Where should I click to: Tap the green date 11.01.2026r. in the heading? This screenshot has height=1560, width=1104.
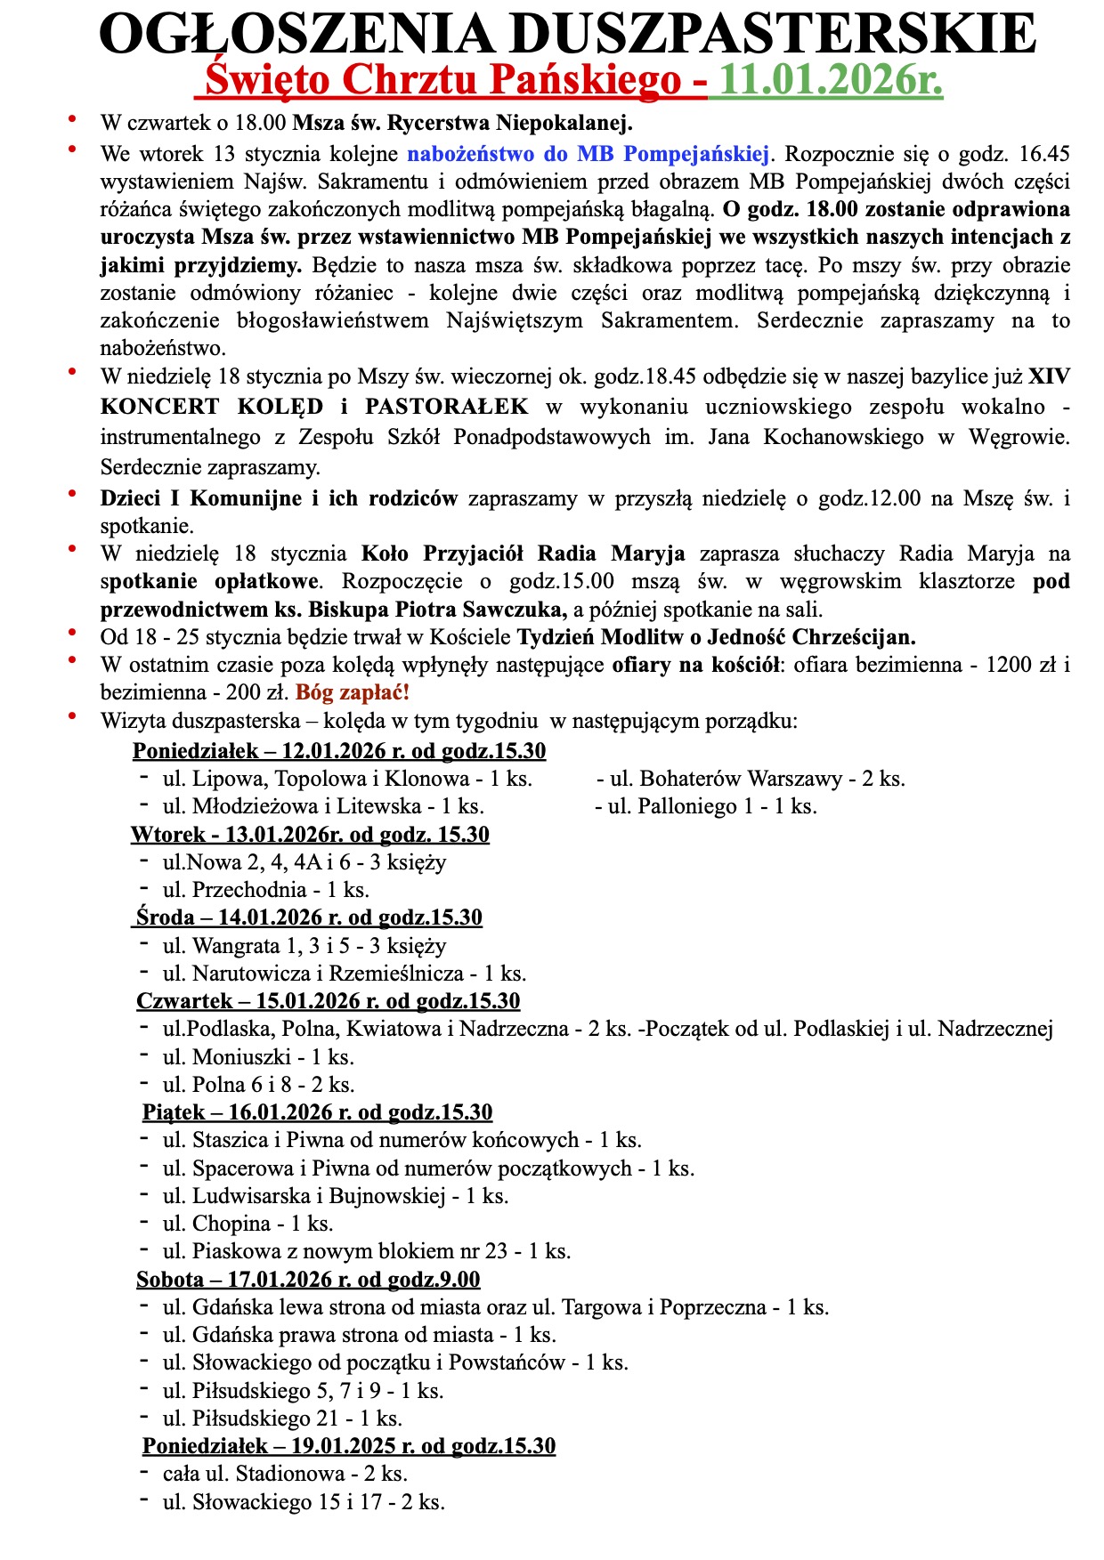tap(830, 81)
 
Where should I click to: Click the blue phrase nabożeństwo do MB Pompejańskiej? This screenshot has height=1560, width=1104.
tap(589, 154)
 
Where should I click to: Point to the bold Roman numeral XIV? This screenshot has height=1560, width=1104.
tap(1049, 376)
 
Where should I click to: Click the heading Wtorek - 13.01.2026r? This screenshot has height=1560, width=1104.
tap(310, 835)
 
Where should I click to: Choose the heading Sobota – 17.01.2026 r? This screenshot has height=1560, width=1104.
tap(308, 1280)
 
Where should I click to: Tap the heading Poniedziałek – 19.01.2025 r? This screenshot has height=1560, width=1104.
tap(349, 1445)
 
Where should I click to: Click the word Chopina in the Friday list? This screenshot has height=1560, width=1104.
tap(231, 1224)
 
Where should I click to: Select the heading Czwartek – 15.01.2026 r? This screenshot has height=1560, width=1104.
tap(328, 1001)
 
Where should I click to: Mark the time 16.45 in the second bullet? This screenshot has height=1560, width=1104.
tap(1044, 154)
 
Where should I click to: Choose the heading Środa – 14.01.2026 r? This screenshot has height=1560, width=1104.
tap(309, 917)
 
